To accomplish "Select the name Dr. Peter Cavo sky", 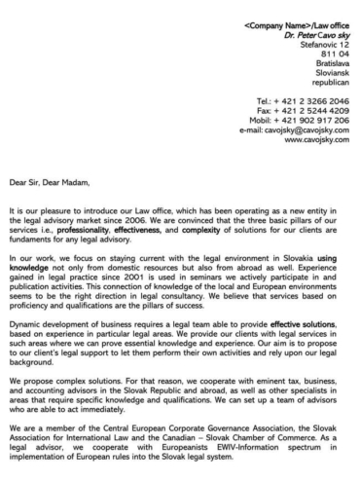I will tap(310, 25).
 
